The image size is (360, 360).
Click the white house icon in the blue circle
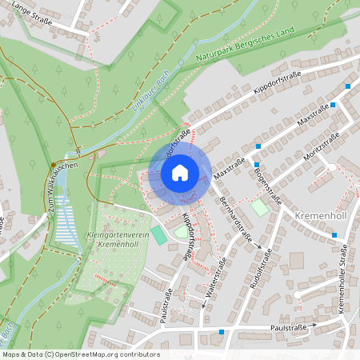pyautogui.click(x=179, y=172)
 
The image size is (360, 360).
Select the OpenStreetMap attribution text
pyautogui.click(x=80, y=354)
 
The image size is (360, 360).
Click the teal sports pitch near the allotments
pyautogui.click(x=159, y=236)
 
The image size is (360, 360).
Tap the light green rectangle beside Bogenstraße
pyautogui.click(x=259, y=207)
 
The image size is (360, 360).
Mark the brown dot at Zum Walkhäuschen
pyautogui.click(x=53, y=165)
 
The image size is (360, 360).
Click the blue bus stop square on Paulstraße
pyautogui.click(x=221, y=331)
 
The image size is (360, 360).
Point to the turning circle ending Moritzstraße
pyautogui.click(x=331, y=167)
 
